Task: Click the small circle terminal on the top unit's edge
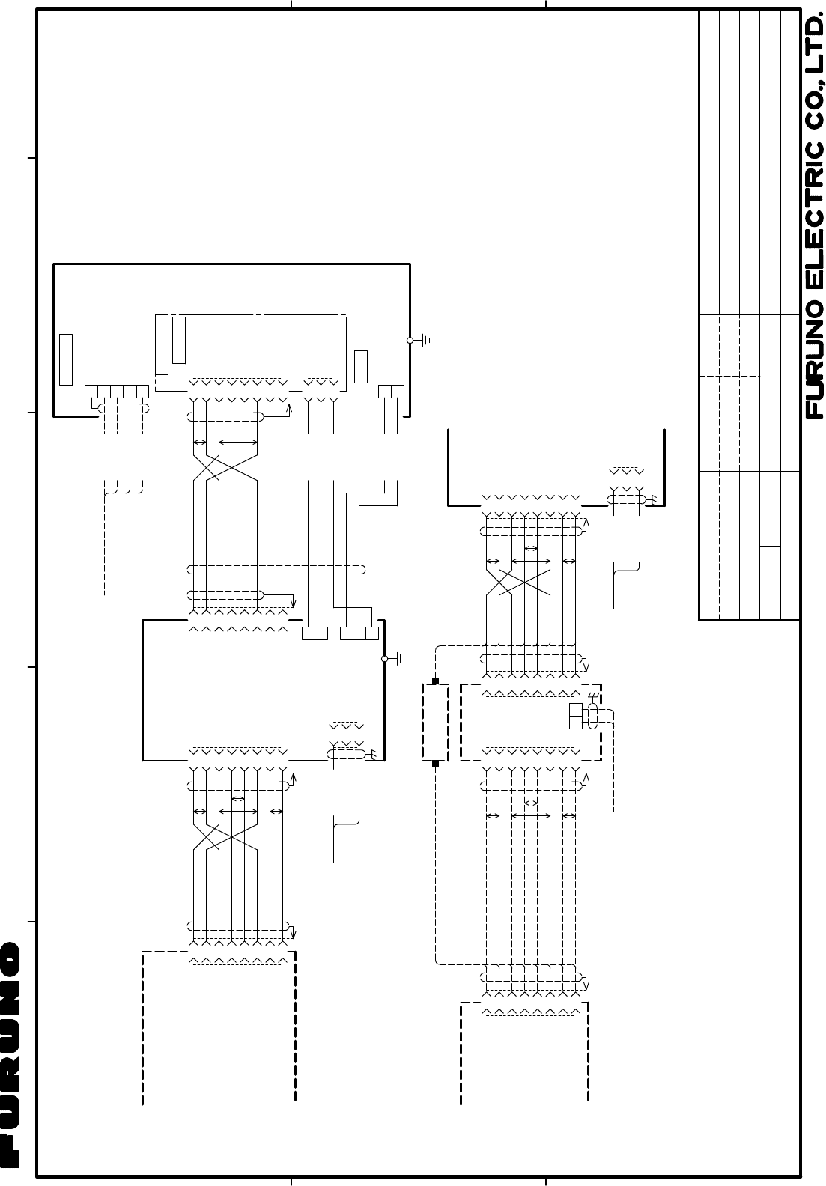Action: click(x=410, y=340)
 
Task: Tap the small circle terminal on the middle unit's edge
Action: click(x=385, y=659)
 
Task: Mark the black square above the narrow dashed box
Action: click(x=435, y=682)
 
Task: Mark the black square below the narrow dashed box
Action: click(x=435, y=764)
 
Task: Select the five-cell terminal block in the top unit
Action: click(x=117, y=391)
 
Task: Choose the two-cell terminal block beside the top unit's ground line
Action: click(x=392, y=391)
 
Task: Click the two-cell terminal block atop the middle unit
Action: click(x=315, y=633)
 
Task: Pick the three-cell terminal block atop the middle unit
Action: click(x=359, y=633)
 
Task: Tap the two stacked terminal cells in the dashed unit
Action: click(x=576, y=716)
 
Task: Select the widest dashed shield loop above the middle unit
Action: click(x=276, y=569)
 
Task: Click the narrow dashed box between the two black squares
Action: click(x=435, y=723)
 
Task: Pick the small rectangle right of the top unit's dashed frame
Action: click(x=360, y=365)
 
